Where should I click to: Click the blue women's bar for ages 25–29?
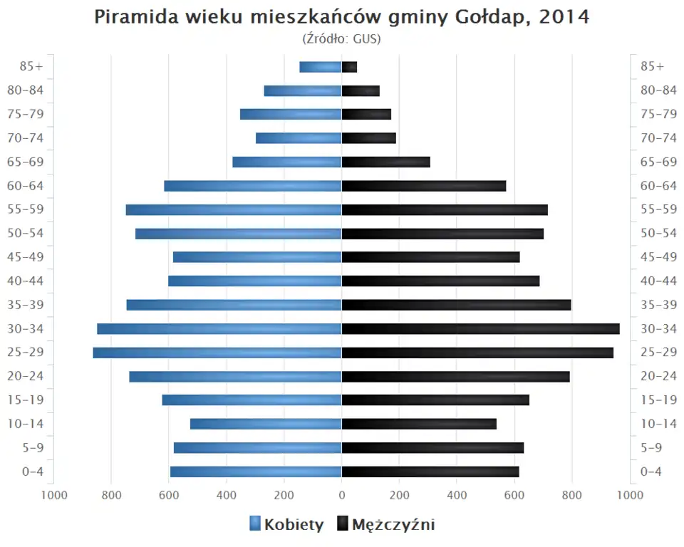pos(217,353)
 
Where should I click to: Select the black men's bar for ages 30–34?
pos(480,329)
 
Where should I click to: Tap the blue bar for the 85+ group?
pos(320,67)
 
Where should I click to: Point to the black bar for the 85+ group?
pos(349,67)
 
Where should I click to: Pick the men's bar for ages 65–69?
pos(385,162)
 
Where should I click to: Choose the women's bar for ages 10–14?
pos(266,424)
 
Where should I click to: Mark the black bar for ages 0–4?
pos(430,472)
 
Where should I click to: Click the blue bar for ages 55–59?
pos(234,210)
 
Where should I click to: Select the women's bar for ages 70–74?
pos(299,138)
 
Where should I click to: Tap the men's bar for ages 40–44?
pos(440,281)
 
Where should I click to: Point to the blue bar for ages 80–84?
pos(303,91)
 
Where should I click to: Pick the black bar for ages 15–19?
pos(435,400)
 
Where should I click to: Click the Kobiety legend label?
pos(294,525)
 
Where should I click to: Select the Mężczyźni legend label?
pos(393,525)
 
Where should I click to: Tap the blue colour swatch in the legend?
pos(255,524)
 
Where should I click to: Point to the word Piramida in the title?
pos(134,17)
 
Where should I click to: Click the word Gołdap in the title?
pos(489,17)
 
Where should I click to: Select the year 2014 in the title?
pos(564,17)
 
